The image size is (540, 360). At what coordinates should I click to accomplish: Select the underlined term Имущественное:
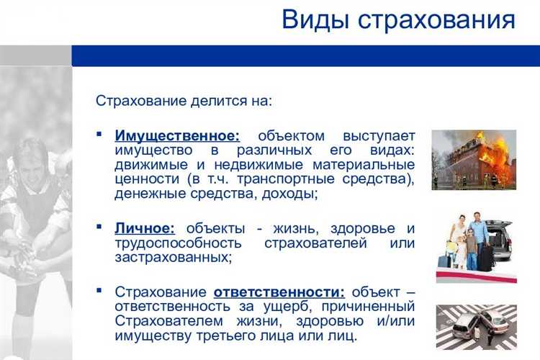(x=177, y=135)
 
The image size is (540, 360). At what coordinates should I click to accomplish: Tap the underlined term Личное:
(x=145, y=228)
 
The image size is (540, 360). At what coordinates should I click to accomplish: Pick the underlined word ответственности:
(x=279, y=292)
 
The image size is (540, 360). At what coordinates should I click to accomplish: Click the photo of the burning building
(x=473, y=159)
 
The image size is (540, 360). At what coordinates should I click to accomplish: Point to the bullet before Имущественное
(x=99, y=135)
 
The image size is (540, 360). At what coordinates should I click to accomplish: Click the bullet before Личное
(x=99, y=228)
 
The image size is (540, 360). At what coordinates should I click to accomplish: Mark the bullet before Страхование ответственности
(x=99, y=291)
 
